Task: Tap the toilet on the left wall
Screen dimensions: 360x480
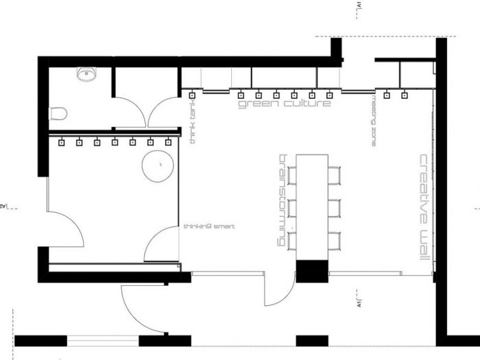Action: tap(58, 114)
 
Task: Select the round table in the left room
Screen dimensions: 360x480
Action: tap(157, 166)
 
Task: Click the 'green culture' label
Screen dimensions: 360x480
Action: tap(285, 104)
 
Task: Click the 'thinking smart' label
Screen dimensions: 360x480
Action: tap(210, 226)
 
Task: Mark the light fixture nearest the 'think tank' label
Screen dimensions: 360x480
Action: tap(192, 94)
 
